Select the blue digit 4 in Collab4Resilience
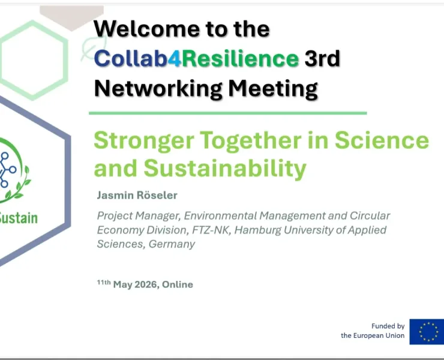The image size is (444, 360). [174, 59]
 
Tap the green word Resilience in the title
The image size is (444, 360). [240, 58]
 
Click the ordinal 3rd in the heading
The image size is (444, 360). [322, 58]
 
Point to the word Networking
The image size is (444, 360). [158, 89]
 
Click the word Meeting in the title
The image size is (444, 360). [273, 89]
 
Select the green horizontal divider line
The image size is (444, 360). [227, 113]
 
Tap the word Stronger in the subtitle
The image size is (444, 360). [144, 141]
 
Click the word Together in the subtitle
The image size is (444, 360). [251, 141]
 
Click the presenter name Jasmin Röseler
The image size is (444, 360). [137, 195]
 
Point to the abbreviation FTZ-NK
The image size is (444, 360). [210, 230]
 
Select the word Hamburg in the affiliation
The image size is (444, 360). [257, 230]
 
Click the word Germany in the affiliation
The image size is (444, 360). [172, 244]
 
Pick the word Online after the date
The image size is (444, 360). [178, 284]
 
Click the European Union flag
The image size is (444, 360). [427, 332]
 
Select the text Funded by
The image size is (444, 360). [388, 326]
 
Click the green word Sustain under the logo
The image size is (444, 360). [19, 218]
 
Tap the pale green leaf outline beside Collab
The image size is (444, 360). [93, 49]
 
